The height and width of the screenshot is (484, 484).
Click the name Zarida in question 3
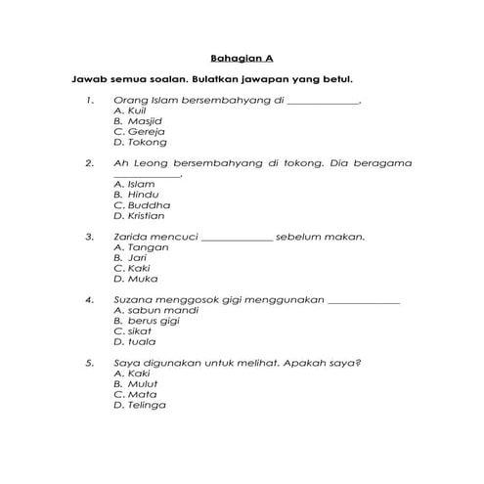(x=133, y=237)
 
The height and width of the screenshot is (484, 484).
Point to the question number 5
(x=89, y=363)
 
